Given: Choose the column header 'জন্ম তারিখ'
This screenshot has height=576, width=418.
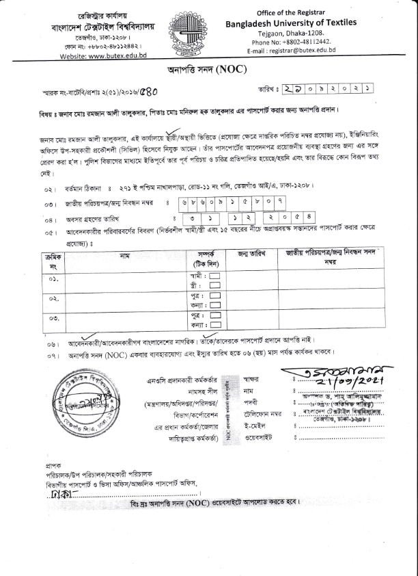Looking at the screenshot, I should pyautogui.click(x=251, y=254).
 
